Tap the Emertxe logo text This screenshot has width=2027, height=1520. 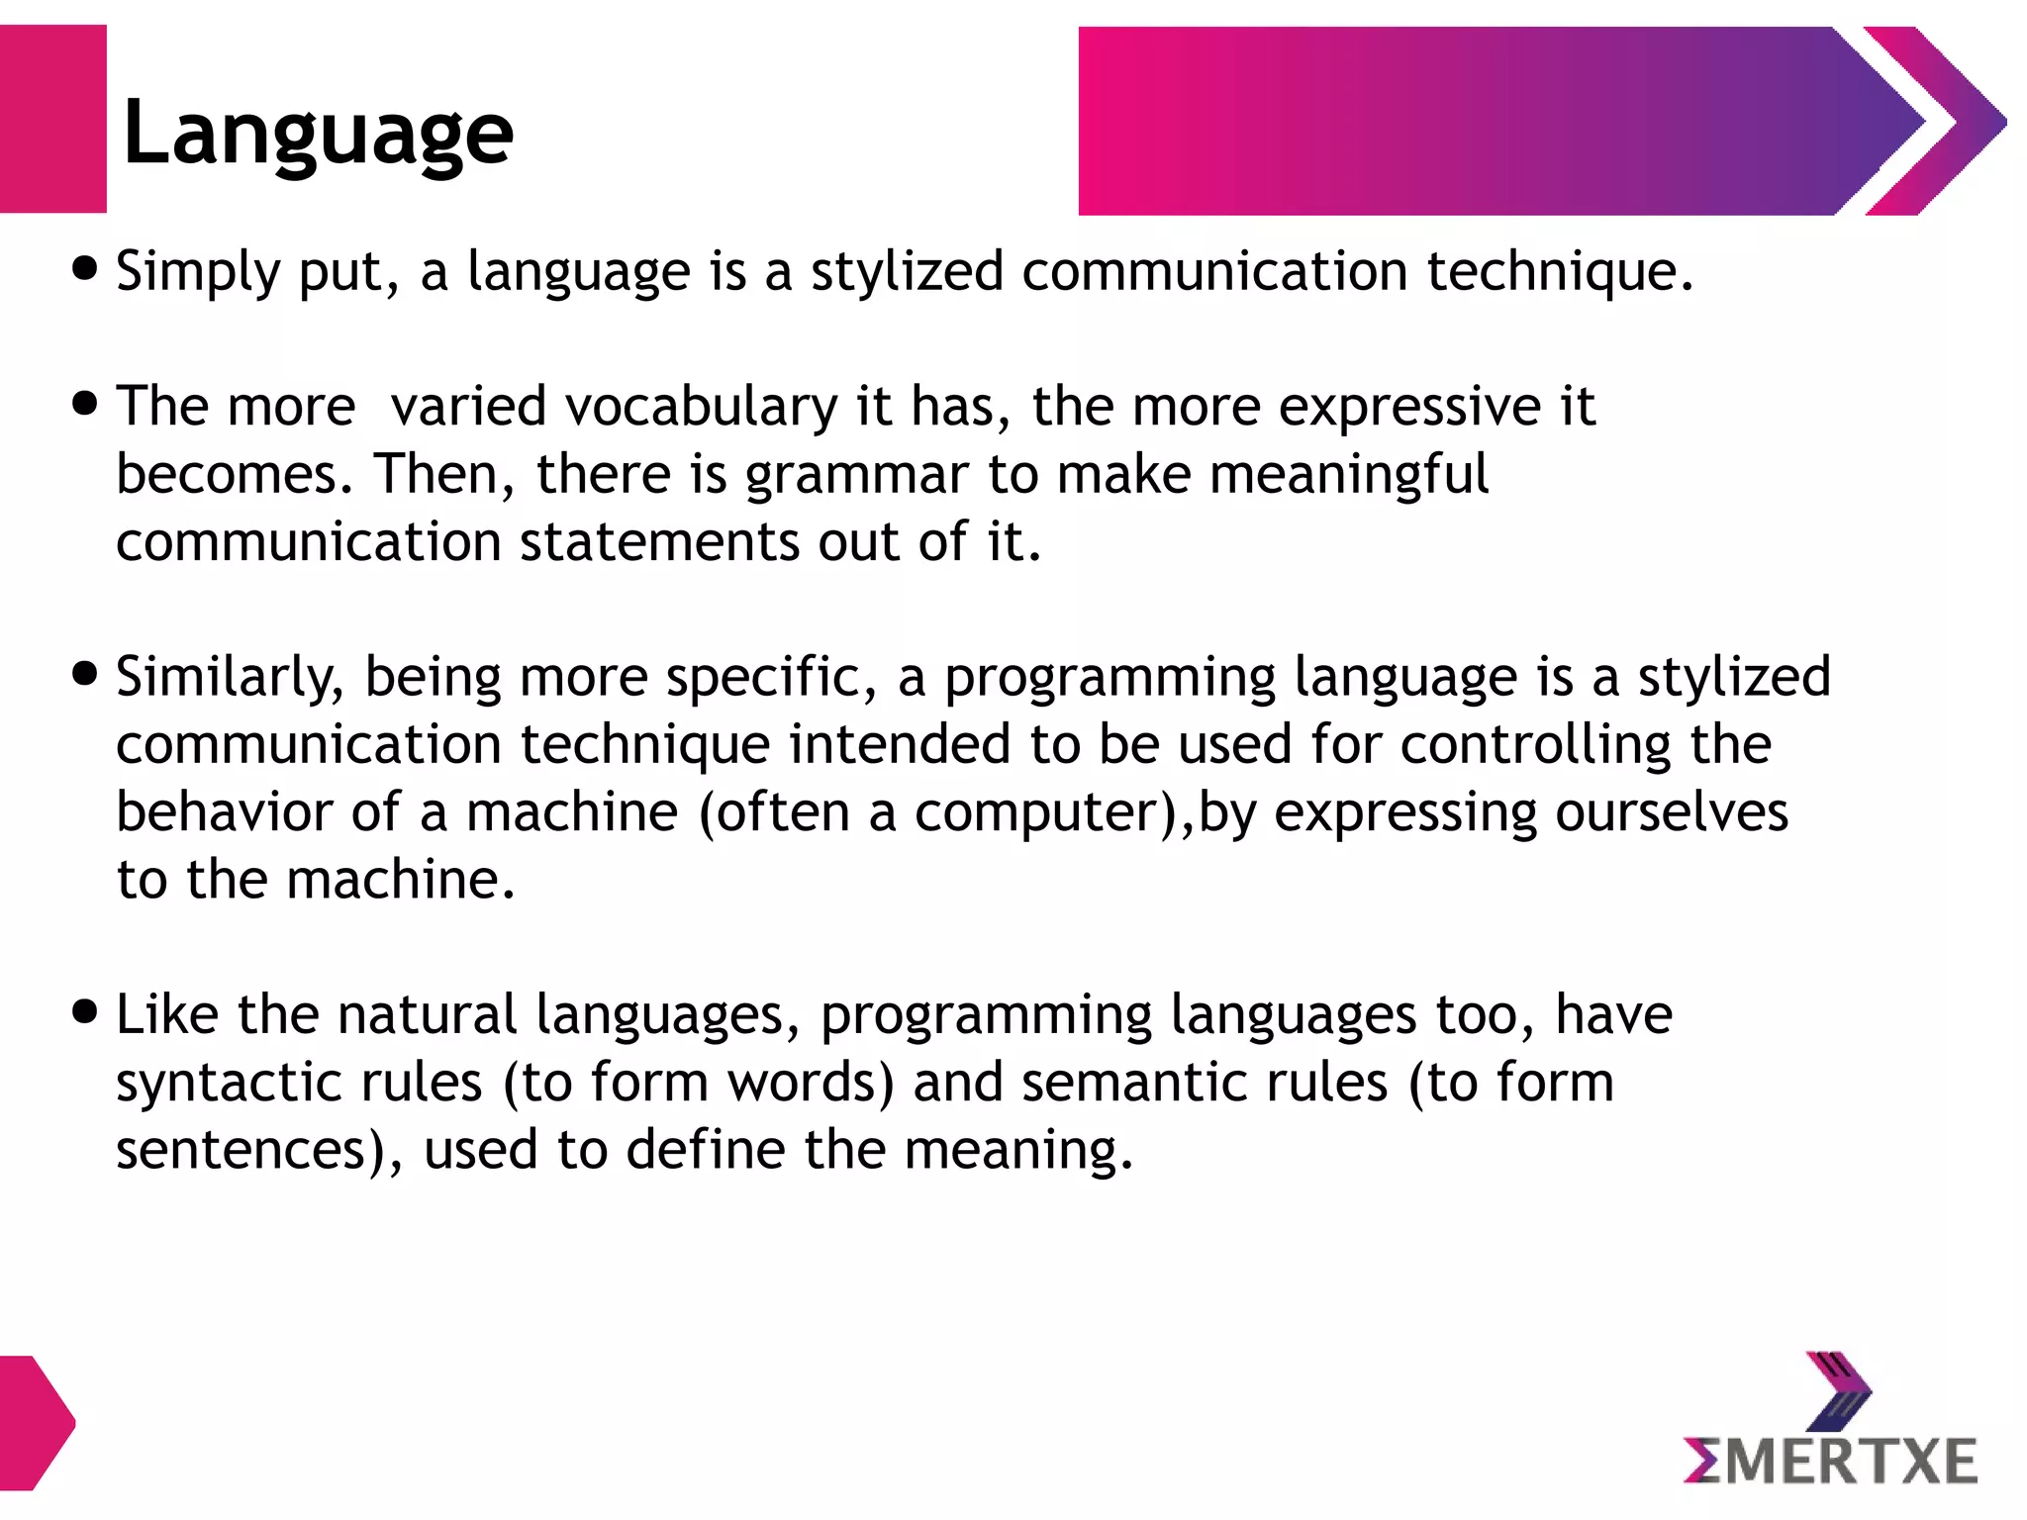(1830, 1462)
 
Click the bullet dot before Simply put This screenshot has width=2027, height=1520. (86, 269)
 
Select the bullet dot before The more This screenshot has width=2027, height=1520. (86, 404)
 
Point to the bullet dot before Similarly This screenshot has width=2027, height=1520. (86, 674)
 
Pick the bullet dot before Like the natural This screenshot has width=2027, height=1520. (86, 1012)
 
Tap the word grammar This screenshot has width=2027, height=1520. (856, 475)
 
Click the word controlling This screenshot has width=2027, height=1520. (1535, 745)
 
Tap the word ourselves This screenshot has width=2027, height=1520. (1672, 812)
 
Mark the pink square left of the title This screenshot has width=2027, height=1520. (52, 119)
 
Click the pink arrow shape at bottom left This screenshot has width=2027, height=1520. (36, 1423)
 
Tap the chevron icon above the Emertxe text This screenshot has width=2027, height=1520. (1839, 1391)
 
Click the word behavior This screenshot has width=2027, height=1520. (225, 812)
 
